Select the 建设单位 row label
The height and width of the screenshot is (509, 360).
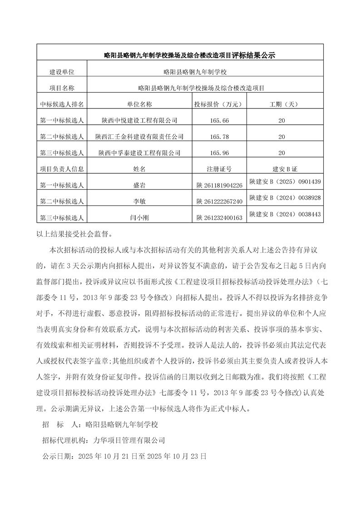coord(62,72)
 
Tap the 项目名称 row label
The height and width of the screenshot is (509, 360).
coord(62,88)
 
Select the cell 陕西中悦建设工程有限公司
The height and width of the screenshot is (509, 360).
coord(139,120)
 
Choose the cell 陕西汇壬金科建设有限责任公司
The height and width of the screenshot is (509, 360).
coord(139,137)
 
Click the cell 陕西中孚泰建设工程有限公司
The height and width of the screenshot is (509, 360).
coord(139,153)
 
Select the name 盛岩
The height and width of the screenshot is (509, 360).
coord(139,185)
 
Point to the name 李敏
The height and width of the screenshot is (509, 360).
coord(139,201)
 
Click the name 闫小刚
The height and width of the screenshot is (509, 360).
coord(139,218)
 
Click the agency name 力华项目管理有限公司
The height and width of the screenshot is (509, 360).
coord(128,440)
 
